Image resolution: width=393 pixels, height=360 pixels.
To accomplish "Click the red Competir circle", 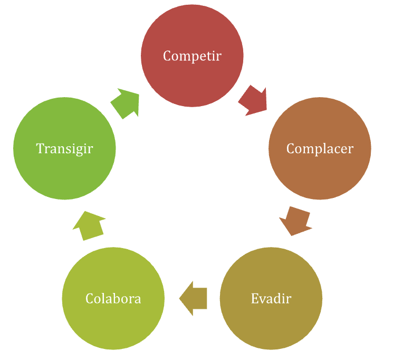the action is click(192, 56).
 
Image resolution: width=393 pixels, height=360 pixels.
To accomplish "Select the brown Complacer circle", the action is click(320, 148).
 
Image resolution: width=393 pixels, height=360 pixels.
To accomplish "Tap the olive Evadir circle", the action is click(271, 299).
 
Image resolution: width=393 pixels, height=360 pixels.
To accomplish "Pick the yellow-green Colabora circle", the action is click(113, 299).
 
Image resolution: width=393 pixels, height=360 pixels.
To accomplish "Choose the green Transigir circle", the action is click(64, 148).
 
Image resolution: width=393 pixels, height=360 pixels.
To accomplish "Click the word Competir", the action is click(192, 56).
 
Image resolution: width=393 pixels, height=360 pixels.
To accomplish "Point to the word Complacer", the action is click(320, 149).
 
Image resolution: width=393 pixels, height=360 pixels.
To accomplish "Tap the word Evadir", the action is click(271, 298).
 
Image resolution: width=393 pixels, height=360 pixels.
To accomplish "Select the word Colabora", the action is click(113, 298).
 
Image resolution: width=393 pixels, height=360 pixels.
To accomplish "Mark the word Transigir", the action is click(64, 149).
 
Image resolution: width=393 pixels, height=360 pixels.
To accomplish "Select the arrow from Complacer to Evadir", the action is click(296, 221).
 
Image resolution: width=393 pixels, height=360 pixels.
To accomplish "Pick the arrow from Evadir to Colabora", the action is click(193, 299).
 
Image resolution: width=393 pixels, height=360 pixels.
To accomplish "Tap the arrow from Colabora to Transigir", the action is click(89, 226).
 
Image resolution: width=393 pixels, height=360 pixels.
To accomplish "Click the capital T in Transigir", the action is click(41, 148).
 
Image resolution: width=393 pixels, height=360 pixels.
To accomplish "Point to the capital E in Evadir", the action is click(255, 298).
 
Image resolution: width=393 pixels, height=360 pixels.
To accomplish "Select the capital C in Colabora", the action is click(90, 298).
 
